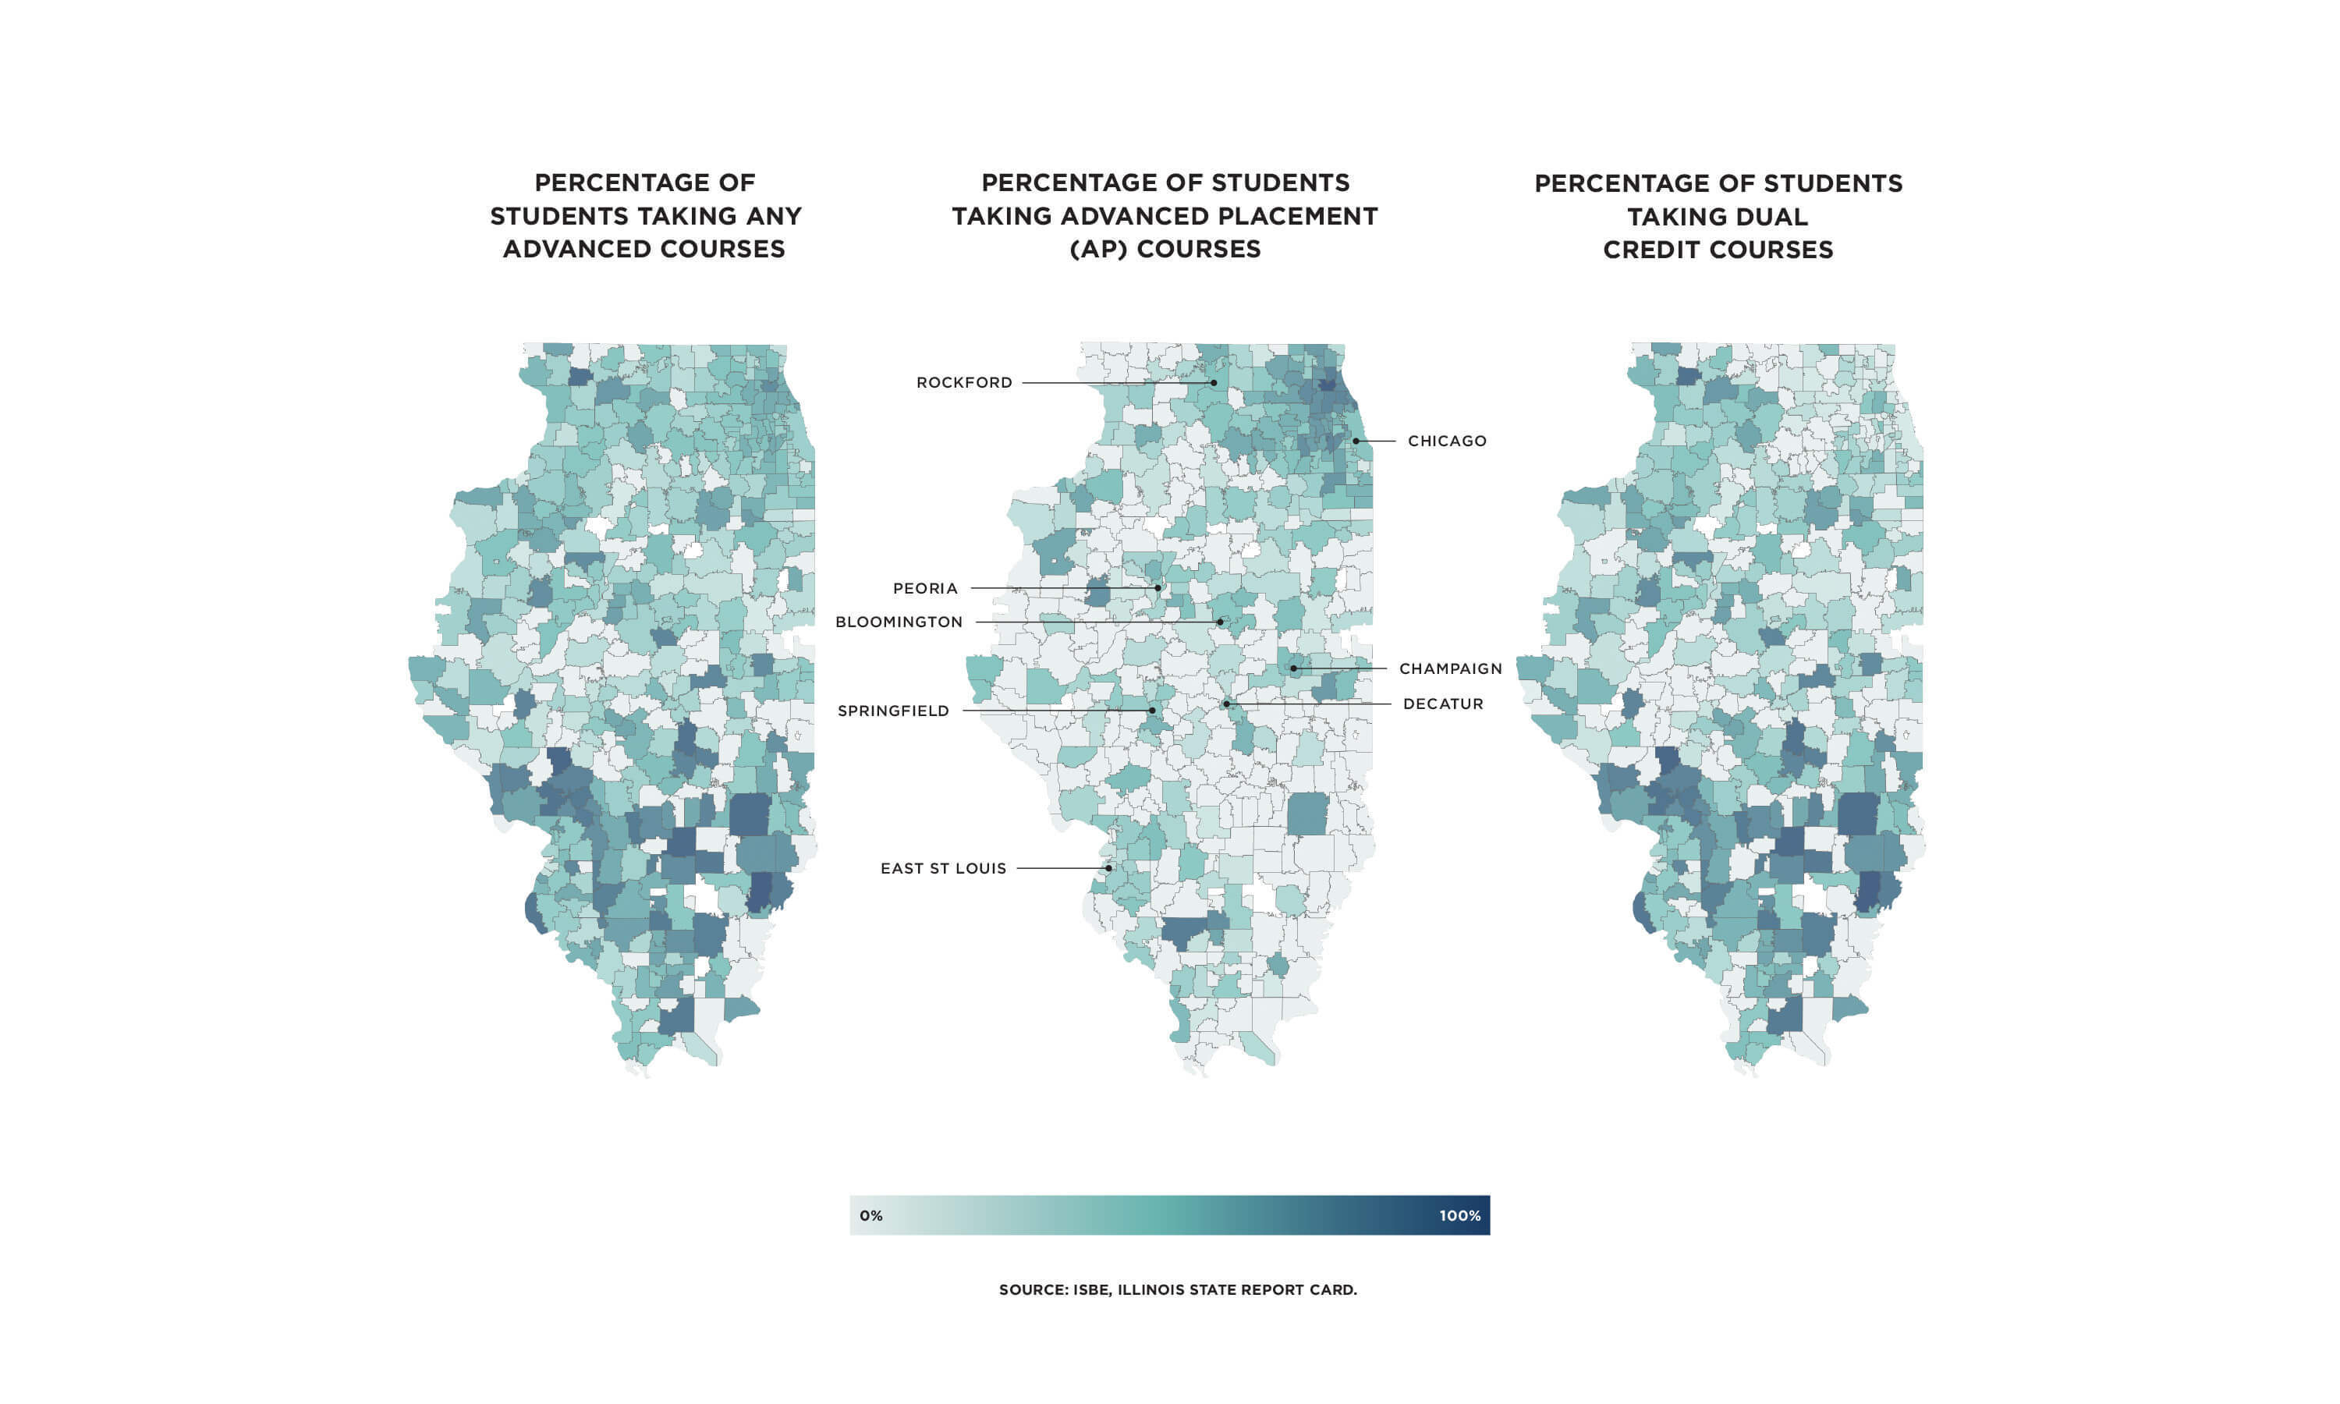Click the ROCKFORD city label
964,382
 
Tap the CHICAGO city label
1446,441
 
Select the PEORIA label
925,588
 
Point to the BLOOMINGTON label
899,622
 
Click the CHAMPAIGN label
1450,669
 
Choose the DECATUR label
1442,704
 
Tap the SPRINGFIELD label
893,711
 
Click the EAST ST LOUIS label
943,868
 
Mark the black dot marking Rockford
1214,383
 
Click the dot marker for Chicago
1356,441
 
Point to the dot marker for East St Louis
1108,867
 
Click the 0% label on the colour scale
871,1216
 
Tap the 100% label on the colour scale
1459,1216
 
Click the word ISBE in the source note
1091,1289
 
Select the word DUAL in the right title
1764,217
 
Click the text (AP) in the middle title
1098,249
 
